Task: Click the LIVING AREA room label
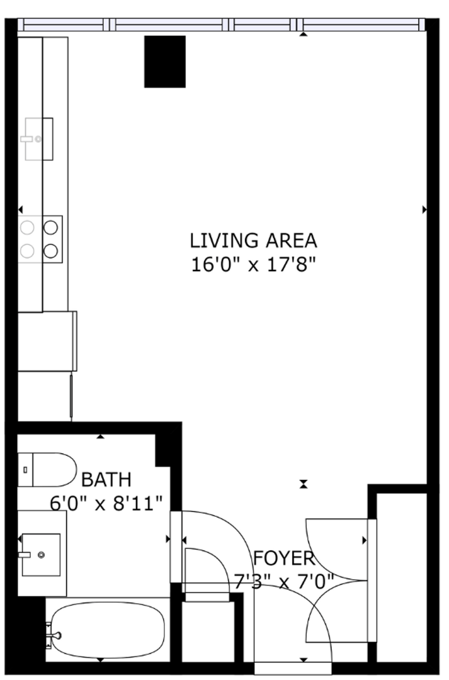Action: (x=253, y=241)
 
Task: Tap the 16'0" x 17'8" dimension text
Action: (x=253, y=264)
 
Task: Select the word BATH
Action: (x=106, y=480)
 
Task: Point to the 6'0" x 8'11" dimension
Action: (x=106, y=504)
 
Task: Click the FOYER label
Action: (x=284, y=558)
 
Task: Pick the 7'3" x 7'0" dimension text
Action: (x=284, y=582)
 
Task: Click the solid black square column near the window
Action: (x=165, y=62)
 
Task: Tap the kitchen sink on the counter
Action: (x=39, y=139)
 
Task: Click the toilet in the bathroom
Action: (x=47, y=470)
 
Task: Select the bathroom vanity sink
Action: (x=41, y=555)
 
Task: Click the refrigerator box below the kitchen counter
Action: (x=47, y=341)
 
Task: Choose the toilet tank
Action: (x=25, y=470)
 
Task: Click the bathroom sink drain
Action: (x=41, y=555)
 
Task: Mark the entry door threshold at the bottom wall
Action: (x=293, y=668)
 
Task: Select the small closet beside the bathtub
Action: (x=208, y=632)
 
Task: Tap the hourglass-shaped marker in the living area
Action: (x=304, y=484)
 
